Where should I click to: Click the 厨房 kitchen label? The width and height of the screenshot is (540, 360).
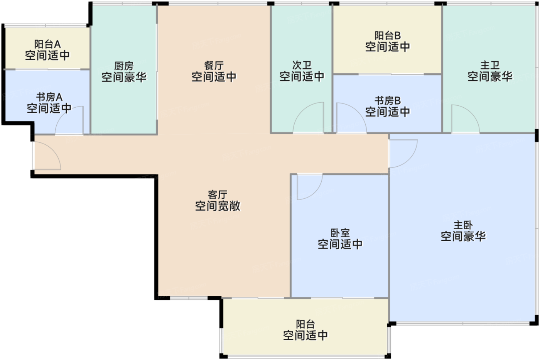(x=124, y=66)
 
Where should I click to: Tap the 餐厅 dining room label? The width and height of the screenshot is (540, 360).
(x=214, y=65)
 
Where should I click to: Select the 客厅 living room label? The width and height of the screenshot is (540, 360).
(x=218, y=194)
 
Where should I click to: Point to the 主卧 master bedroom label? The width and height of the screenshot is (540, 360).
(x=463, y=225)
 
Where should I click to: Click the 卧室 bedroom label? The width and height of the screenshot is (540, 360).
(x=340, y=233)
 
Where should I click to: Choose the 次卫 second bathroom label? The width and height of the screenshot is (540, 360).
(x=302, y=65)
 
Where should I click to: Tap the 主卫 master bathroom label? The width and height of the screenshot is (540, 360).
(x=490, y=65)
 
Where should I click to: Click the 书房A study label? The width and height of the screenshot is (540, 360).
(x=49, y=97)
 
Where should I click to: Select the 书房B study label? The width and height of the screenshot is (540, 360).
(x=388, y=101)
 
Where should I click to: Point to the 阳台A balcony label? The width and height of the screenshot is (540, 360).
(x=47, y=44)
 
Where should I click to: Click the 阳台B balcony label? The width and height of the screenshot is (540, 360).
(x=388, y=35)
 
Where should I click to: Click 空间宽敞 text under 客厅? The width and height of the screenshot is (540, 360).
(x=218, y=206)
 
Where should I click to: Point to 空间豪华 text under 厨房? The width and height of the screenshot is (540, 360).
(x=124, y=77)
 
